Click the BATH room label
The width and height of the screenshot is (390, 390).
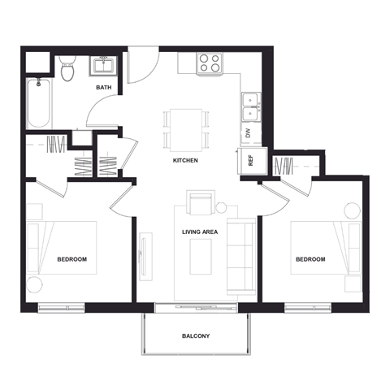point(103,87)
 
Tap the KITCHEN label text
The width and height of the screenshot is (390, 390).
point(185,161)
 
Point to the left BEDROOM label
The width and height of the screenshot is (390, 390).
point(71,259)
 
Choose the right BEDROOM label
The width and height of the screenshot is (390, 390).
point(310,259)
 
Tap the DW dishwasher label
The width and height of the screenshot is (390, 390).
point(248,132)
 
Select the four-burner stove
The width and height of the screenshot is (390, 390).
point(210,63)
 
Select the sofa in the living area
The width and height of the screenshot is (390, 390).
point(240,256)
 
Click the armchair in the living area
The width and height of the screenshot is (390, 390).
point(201,202)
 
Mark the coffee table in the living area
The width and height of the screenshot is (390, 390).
point(200,256)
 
